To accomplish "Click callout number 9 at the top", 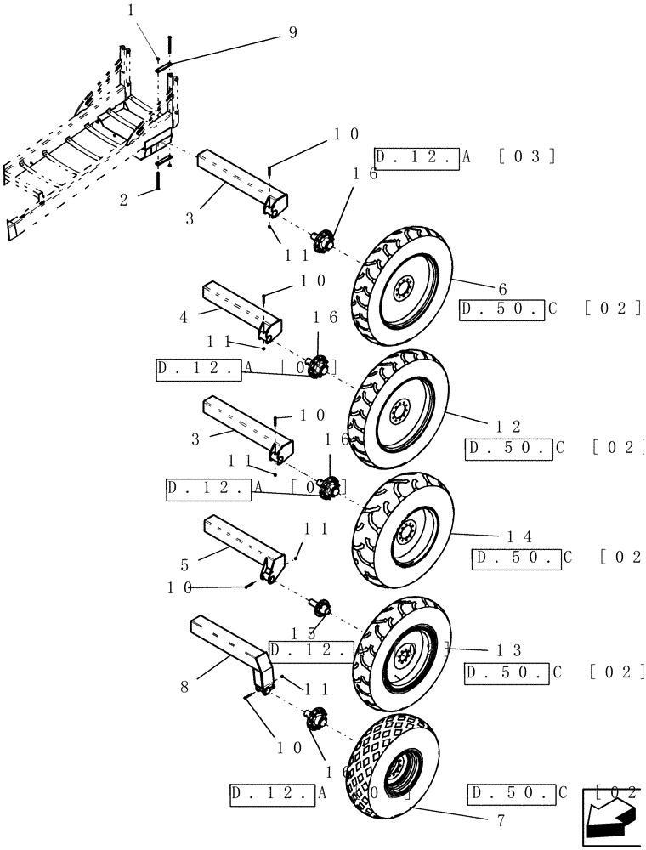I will click(x=292, y=34).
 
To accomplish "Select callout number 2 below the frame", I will click(x=124, y=200).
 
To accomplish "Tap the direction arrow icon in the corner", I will click(x=610, y=817).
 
